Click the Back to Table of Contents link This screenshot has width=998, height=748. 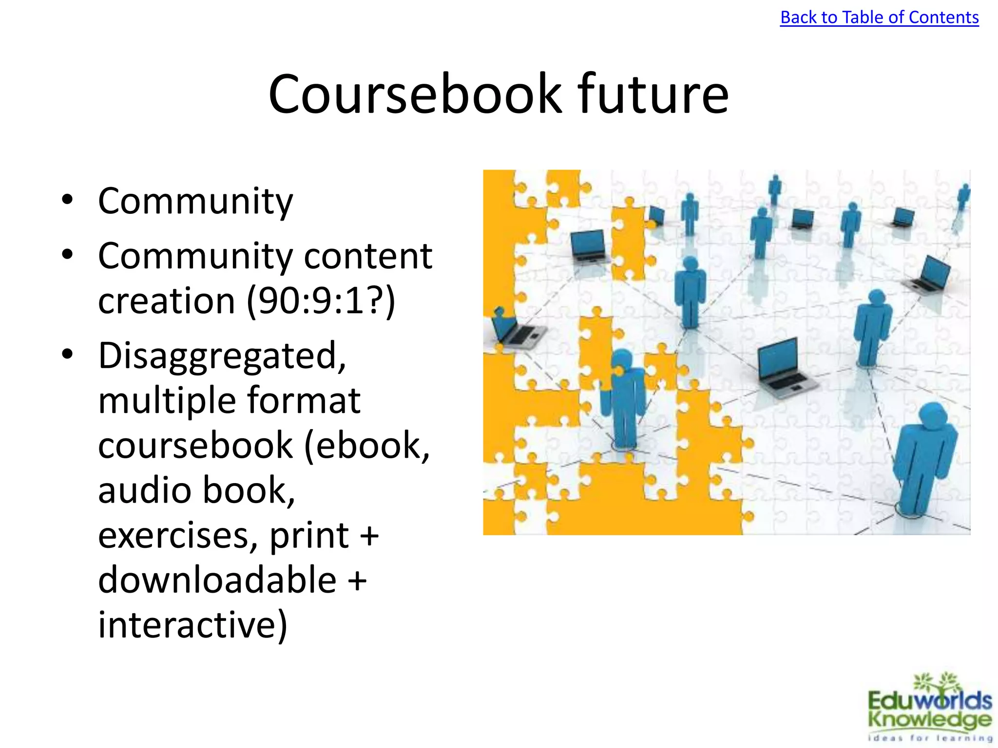(879, 18)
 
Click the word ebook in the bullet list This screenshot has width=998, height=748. (372, 445)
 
